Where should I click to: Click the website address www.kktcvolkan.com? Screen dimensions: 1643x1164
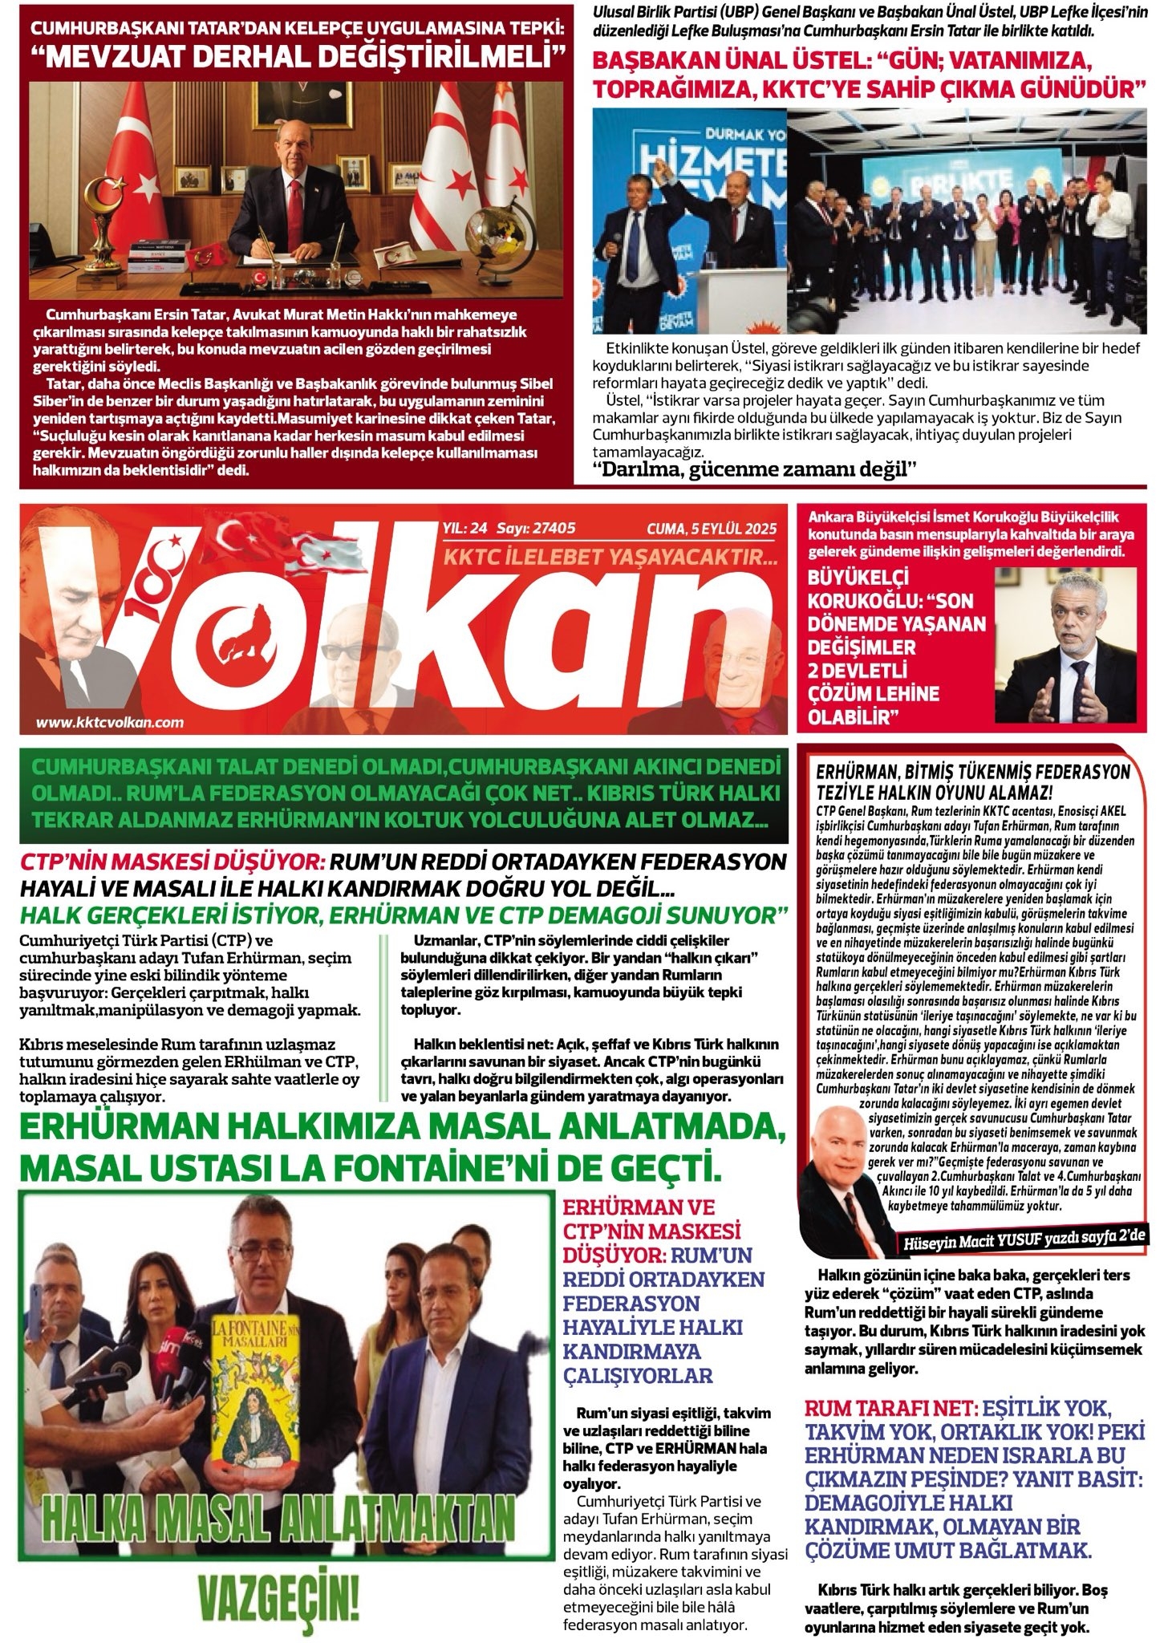(x=110, y=723)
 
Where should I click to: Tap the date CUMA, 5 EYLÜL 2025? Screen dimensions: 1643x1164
(x=712, y=529)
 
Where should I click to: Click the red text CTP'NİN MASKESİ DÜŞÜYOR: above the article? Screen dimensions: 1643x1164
(x=172, y=863)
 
